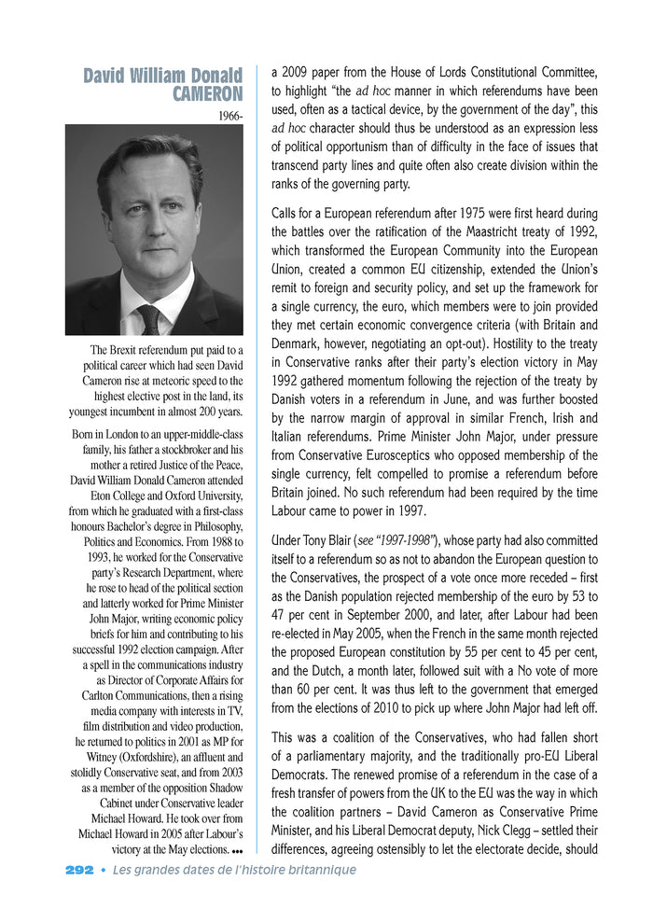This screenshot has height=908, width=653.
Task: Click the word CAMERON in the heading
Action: (207, 93)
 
